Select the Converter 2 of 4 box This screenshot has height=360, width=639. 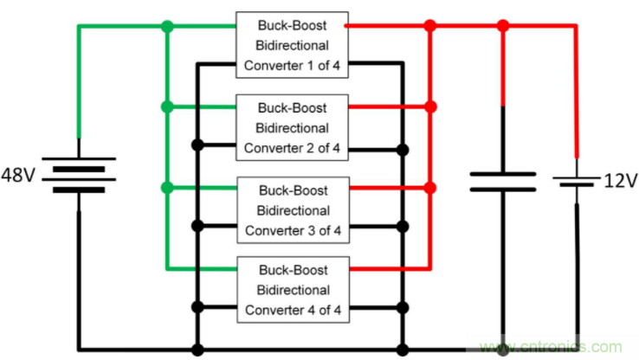coord(293,127)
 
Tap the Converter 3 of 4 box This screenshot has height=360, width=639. coord(293,209)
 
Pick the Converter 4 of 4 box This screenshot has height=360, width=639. coord(293,290)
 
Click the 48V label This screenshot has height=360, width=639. coord(18,175)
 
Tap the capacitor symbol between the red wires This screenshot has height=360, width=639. coord(502,181)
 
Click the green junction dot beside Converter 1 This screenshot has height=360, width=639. coord(167,27)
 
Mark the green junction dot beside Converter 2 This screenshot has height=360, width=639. coord(167,106)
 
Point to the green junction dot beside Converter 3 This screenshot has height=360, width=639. coord(167,187)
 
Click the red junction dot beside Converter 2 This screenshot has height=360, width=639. coord(429,106)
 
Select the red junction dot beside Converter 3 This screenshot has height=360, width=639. coord(429,187)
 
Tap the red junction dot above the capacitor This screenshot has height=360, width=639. coord(502,27)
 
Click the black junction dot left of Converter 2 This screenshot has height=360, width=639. coord(198,145)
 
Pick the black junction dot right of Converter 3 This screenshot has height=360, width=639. coord(402,227)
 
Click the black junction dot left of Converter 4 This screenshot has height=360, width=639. coord(198,306)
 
